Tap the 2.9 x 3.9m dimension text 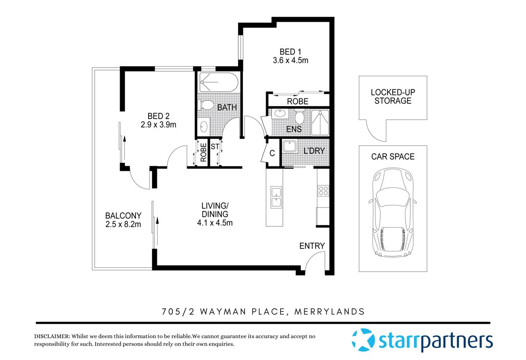click(158, 125)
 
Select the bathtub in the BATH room click(219, 82)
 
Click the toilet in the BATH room click(205, 106)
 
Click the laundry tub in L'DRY click(290, 146)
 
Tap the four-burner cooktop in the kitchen click(323, 191)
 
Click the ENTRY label click(312, 246)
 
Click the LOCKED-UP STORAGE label click(393, 97)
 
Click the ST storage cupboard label click(215, 147)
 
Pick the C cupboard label click(272, 153)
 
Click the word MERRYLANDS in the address click(330, 312)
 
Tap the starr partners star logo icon click(363, 340)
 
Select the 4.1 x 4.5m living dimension click(215, 223)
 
